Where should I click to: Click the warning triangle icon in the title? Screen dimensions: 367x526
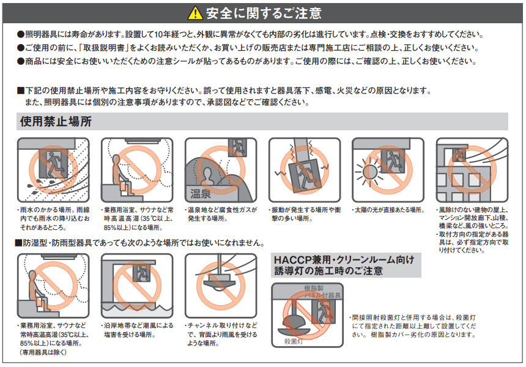click(x=194, y=12)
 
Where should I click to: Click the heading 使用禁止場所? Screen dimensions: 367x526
click(x=56, y=121)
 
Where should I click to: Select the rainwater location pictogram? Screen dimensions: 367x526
click(x=53, y=169)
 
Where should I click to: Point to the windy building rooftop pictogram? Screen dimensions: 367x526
click(x=472, y=169)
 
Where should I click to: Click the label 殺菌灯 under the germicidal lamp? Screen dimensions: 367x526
click(x=294, y=341)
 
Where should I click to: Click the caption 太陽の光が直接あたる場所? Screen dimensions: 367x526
click(x=389, y=210)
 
